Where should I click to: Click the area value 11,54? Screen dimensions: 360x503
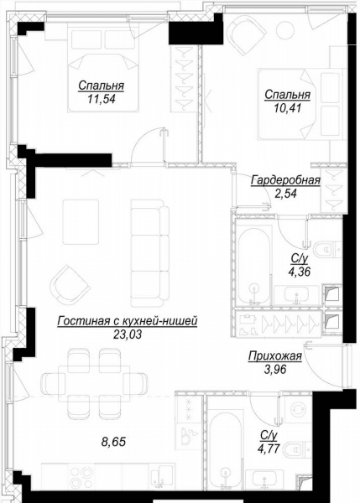click(101, 99)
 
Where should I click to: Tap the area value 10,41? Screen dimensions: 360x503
click(288, 108)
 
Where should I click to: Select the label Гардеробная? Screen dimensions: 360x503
click(285, 180)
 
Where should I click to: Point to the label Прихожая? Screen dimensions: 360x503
click(275, 356)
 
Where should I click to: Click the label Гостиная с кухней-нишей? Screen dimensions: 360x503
click(128, 321)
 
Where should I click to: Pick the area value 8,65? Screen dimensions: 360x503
click(113, 442)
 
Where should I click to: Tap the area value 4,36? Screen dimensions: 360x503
click(299, 272)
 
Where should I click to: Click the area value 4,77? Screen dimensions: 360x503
click(269, 448)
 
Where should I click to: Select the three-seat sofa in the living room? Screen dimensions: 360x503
click(150, 252)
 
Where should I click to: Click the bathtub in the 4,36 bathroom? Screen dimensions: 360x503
click(254, 267)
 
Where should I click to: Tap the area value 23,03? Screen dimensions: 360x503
click(128, 334)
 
